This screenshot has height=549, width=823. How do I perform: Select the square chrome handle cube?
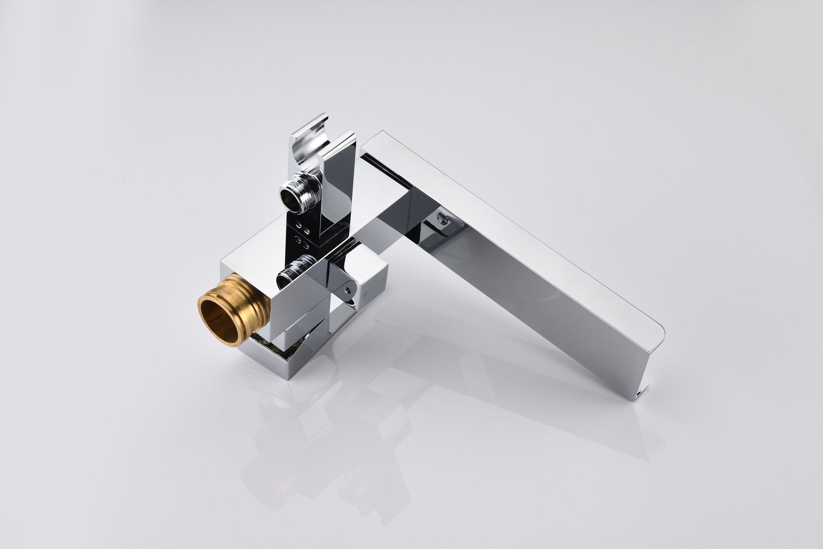367,277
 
